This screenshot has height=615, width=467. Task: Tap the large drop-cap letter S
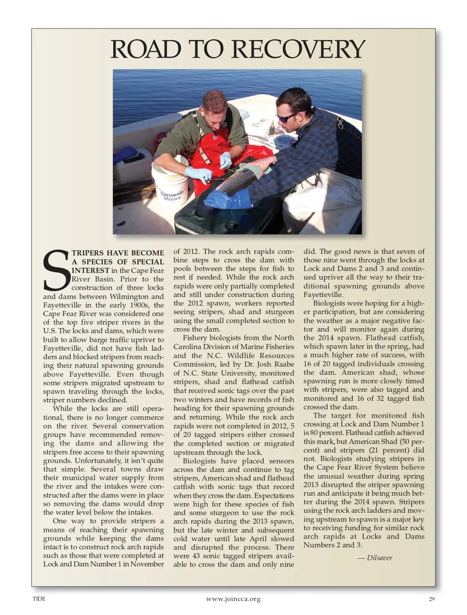tap(56, 271)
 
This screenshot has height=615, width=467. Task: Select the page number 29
tap(432, 599)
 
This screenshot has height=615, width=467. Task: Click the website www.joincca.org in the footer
tap(233, 599)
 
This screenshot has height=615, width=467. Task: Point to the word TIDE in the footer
tap(39, 599)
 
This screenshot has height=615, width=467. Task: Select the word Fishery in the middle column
tap(195, 338)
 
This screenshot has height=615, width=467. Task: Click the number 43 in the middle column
tap(196, 556)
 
